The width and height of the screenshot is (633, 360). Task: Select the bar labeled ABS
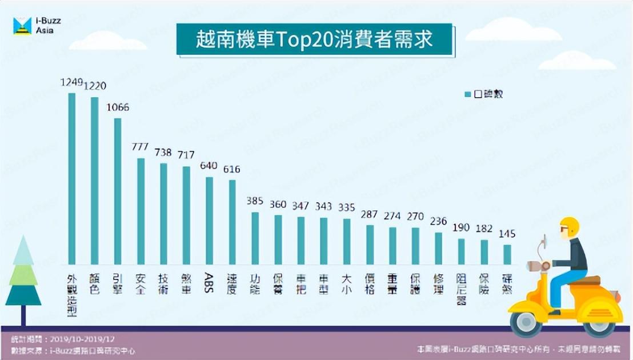[x=210, y=221]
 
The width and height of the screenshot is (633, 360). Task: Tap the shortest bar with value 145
[x=507, y=254]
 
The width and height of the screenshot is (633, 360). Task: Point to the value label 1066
[x=118, y=107]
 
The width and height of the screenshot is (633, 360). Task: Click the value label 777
[x=141, y=147]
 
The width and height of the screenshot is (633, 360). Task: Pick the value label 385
[x=255, y=201]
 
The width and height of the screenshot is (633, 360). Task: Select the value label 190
[x=461, y=227]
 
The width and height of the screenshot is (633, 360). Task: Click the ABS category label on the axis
[x=210, y=282]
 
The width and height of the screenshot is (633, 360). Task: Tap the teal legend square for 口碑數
[x=467, y=94]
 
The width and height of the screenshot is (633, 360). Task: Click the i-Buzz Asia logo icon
[x=22, y=26]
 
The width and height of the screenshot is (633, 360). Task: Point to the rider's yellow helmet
[x=569, y=227]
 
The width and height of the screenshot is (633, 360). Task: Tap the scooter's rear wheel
[x=599, y=323]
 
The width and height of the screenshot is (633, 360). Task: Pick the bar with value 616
[x=233, y=222]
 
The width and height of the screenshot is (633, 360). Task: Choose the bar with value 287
[x=370, y=245]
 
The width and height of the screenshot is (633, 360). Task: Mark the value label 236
[x=438, y=222]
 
